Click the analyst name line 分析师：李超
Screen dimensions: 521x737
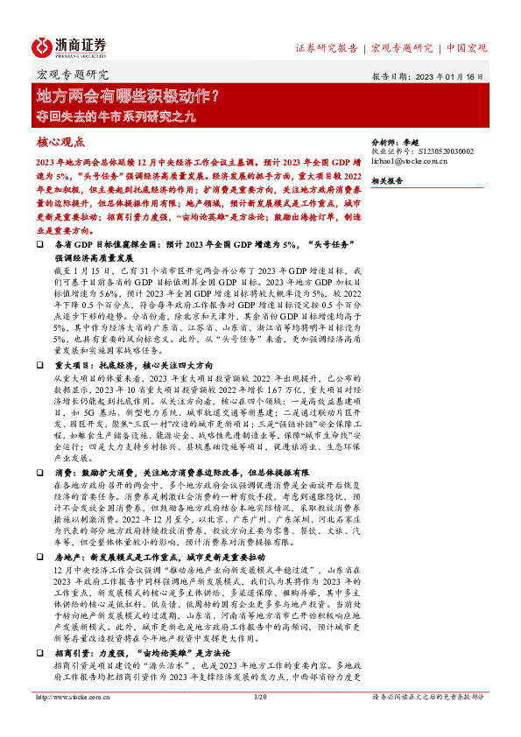(398, 141)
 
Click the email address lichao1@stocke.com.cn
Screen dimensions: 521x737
(411, 161)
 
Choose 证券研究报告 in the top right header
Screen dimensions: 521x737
(325, 47)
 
